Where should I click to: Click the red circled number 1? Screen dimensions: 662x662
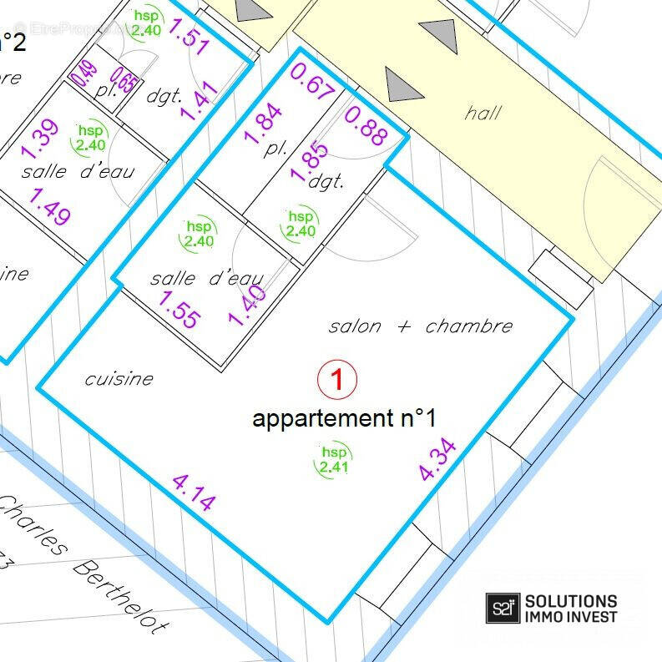337,381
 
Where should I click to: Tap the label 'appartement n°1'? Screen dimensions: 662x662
344,418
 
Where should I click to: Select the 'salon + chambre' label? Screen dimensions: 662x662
420,326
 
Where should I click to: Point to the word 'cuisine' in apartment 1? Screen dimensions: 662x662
119,379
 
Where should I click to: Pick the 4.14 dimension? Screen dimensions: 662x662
194,492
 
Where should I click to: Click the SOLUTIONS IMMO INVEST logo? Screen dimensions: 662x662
553,608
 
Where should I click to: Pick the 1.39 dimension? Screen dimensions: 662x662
39,139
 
